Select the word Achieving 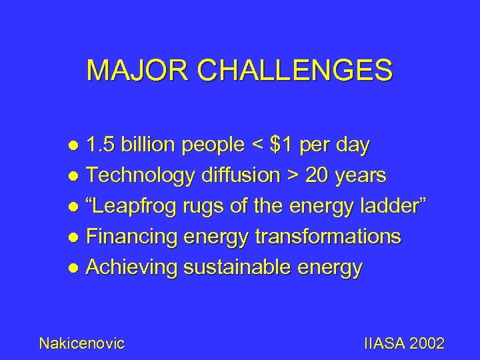coord(133,268)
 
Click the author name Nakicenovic coord(82,343)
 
